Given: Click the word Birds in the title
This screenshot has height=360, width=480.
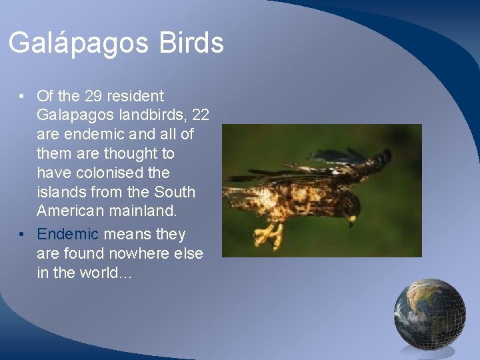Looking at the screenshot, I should click(x=191, y=43).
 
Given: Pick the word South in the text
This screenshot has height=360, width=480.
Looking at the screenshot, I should click(x=174, y=192).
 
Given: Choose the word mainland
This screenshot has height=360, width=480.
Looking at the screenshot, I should click(x=145, y=211).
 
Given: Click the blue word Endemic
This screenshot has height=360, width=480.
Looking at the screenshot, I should click(x=67, y=235).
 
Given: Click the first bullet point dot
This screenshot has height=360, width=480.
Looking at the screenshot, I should click(x=23, y=97).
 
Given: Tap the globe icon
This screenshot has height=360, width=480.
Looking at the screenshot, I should click(x=429, y=313).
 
